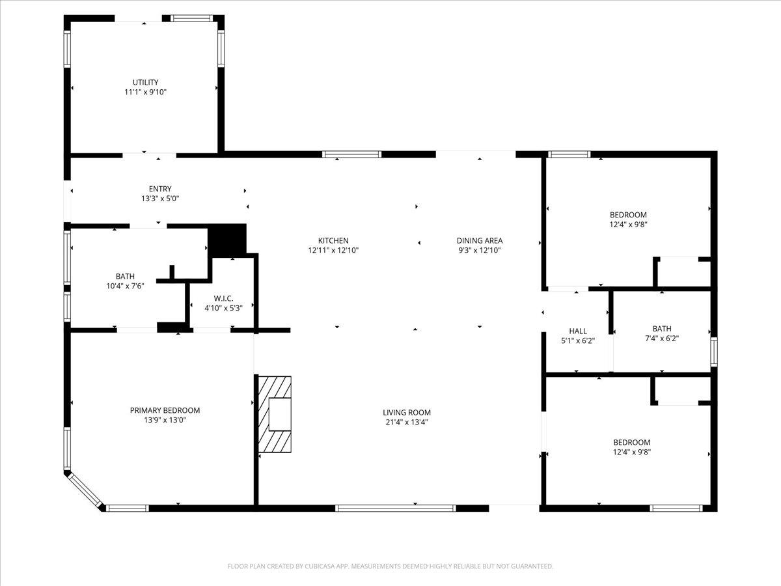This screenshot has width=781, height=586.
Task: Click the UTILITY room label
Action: [145, 83]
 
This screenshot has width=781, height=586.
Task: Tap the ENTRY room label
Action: [160, 189]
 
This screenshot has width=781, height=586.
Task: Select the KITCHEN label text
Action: [333, 241]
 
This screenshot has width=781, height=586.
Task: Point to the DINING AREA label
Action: [480, 241]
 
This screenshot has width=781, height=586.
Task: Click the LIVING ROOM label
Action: [407, 413]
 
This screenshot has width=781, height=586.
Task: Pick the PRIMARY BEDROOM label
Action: [165, 411]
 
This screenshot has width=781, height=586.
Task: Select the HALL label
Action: [578, 331]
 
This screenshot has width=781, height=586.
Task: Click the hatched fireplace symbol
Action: [274, 413]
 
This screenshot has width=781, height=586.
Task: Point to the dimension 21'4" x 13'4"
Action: [407, 422]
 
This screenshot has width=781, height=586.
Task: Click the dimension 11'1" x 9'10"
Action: [146, 92]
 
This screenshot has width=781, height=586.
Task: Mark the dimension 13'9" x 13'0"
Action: [165, 421]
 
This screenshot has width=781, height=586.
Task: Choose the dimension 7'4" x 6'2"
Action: [662, 339]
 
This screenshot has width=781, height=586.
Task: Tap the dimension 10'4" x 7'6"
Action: [126, 286]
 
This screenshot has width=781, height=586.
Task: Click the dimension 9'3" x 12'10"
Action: [480, 250]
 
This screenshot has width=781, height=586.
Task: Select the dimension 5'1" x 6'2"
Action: [578, 341]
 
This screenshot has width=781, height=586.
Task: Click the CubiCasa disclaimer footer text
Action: [390, 566]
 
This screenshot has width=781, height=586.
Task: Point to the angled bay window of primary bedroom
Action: [85, 490]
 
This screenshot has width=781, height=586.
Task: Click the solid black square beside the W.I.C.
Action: [227, 240]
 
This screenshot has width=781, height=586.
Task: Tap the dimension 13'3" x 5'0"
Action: [160, 199]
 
